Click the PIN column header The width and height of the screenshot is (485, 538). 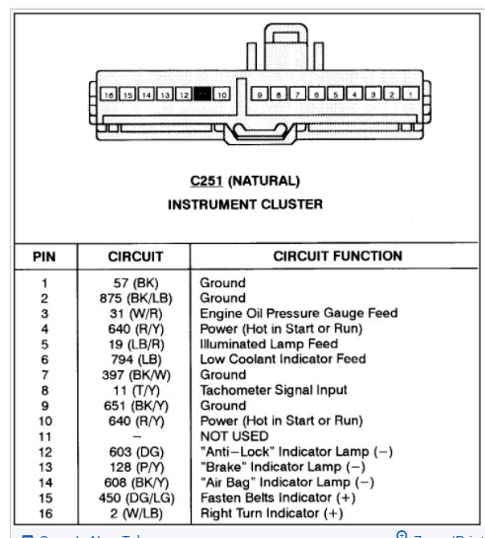tap(43, 257)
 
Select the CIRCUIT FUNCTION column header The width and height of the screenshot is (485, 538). tap(337, 256)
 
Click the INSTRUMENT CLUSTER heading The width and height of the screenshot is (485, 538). tap(246, 205)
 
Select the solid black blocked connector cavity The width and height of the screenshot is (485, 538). tap(202, 95)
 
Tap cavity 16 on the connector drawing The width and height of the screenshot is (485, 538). tap(109, 95)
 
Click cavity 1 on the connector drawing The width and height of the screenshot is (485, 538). tap(409, 95)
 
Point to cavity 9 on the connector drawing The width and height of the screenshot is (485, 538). tap(259, 95)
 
